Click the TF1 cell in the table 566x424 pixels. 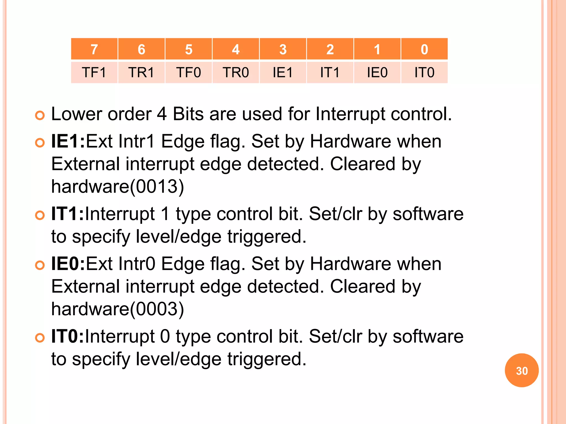click(x=94, y=73)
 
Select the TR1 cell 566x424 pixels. click(x=141, y=73)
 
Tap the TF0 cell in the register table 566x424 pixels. click(x=188, y=73)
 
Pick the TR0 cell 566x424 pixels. click(x=236, y=73)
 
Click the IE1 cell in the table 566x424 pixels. click(x=283, y=73)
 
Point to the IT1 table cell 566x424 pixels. click(x=330, y=73)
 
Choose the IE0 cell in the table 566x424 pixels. click(x=377, y=73)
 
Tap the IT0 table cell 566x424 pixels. click(x=424, y=73)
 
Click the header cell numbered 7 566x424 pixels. click(x=94, y=49)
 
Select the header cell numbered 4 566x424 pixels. click(x=236, y=49)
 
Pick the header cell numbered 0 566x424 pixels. click(x=424, y=49)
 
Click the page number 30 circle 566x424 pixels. click(x=522, y=370)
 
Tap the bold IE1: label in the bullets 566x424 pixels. click(x=68, y=141)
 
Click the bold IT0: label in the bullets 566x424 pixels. click(x=67, y=336)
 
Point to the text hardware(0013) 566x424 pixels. click(x=117, y=187)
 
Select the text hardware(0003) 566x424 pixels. click(x=117, y=309)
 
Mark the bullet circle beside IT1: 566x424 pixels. click(x=40, y=215)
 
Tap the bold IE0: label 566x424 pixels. click(x=68, y=264)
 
